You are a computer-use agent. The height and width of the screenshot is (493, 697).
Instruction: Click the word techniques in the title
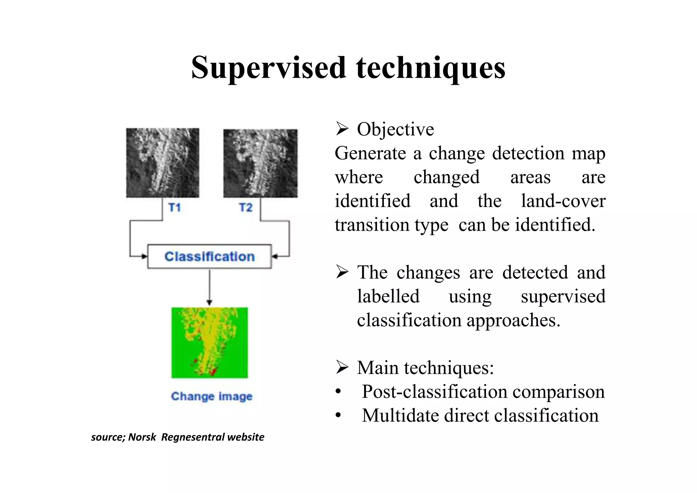(x=431, y=67)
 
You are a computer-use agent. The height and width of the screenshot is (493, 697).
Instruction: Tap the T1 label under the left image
(x=175, y=207)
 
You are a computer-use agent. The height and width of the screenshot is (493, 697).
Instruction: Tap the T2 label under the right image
(x=246, y=207)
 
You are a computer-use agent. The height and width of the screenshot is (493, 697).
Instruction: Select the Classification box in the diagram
(x=209, y=256)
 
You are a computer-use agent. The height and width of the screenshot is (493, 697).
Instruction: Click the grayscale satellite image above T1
(x=162, y=163)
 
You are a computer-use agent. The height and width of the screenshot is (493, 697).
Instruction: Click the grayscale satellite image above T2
(x=260, y=163)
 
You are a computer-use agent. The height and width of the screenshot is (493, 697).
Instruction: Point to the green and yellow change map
(x=209, y=343)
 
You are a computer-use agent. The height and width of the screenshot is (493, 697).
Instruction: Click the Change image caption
(x=211, y=396)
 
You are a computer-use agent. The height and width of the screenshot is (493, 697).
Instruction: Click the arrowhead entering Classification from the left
(x=144, y=256)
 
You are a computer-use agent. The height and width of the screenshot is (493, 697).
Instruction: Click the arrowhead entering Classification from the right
(x=275, y=256)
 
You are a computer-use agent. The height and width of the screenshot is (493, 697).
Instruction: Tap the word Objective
(x=395, y=129)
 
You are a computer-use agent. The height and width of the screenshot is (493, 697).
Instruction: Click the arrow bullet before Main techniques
(x=342, y=367)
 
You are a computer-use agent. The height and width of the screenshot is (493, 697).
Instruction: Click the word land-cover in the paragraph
(x=563, y=201)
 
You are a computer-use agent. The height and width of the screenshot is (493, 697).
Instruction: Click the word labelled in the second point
(x=388, y=296)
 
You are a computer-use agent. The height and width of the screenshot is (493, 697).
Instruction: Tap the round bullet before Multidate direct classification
(x=338, y=416)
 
